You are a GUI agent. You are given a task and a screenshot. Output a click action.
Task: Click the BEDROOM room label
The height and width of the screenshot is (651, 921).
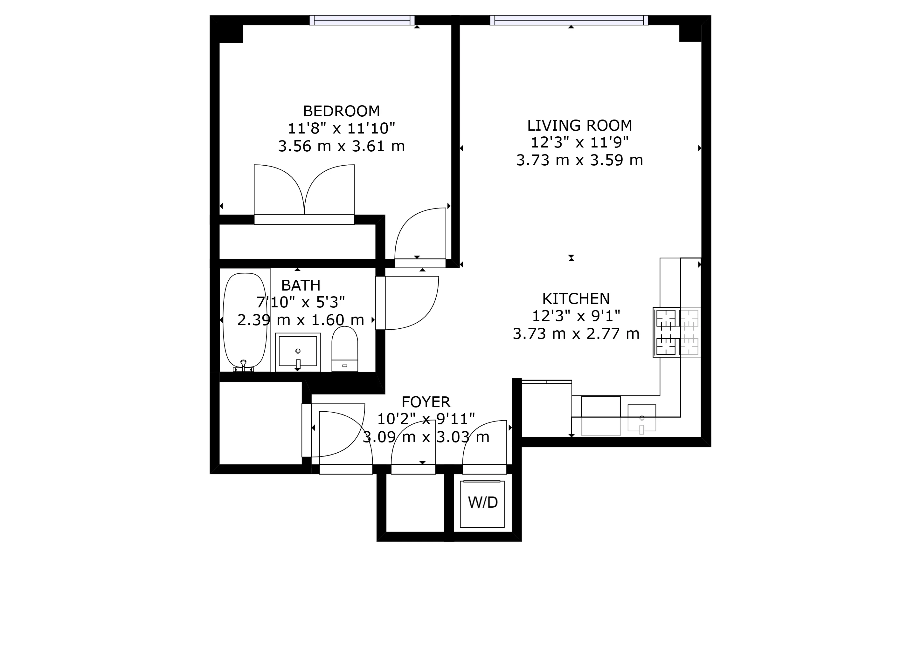[341, 111]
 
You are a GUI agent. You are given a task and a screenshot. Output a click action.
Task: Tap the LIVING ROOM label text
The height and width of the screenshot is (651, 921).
[579, 126]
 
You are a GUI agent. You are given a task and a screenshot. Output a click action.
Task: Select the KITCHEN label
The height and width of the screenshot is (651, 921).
[576, 299]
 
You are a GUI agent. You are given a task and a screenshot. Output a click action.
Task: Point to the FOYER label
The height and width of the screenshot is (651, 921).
[426, 402]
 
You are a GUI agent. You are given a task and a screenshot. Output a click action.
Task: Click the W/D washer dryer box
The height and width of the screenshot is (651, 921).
[482, 504]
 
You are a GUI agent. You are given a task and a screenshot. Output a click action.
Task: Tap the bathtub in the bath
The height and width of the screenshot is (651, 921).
[245, 320]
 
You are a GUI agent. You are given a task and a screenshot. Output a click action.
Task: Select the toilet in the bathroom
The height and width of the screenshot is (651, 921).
[344, 348]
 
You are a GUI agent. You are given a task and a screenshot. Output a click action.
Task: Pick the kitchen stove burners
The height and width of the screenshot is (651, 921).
[666, 332]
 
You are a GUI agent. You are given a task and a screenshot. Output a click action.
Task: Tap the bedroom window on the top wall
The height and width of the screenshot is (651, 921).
[362, 20]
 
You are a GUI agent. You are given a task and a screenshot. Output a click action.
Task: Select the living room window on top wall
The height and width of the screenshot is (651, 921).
[569, 20]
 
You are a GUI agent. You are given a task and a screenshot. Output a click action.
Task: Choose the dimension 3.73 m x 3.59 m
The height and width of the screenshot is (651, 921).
[579, 160]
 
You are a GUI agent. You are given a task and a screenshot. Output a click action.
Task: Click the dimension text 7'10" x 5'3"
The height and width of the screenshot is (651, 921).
[301, 302]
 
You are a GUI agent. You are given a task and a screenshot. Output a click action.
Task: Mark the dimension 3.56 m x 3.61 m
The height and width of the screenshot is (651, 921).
[341, 146]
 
